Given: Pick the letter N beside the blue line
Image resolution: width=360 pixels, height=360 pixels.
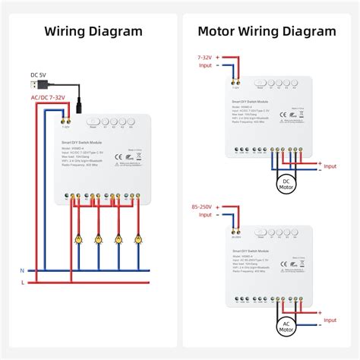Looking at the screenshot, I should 22,270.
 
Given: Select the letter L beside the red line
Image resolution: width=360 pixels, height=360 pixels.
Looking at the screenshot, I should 22,283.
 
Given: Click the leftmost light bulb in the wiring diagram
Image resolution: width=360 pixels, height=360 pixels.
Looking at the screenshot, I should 77,239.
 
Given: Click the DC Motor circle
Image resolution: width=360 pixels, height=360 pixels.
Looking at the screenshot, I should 286,185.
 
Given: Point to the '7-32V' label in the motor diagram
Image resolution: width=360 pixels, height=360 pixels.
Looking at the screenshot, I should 205,56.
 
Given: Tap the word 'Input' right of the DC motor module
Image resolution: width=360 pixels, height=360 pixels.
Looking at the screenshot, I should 331,166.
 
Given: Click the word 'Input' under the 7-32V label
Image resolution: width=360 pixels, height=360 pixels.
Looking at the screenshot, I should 205,66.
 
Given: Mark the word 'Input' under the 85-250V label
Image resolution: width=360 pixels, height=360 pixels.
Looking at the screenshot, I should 205,215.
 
